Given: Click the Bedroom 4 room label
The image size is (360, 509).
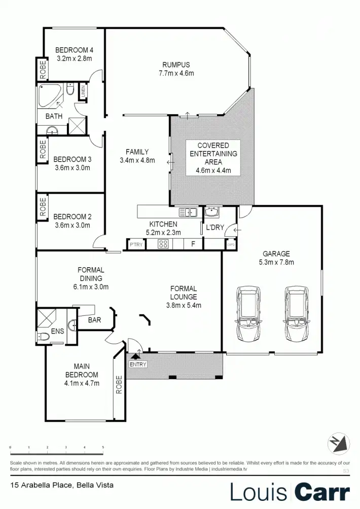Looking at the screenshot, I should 74,50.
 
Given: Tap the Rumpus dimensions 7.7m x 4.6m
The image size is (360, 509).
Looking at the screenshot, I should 176,74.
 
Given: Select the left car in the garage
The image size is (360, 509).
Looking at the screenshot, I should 248,314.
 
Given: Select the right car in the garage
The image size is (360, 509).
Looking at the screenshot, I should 296,314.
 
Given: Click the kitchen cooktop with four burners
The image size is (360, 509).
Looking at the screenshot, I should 163,244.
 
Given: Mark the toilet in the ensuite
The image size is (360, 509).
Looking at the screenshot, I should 45,337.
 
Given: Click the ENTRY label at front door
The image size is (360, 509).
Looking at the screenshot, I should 138,365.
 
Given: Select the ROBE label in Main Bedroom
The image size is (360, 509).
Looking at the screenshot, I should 119,385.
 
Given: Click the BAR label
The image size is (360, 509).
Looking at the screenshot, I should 95,320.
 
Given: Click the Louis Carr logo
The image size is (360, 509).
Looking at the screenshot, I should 290,492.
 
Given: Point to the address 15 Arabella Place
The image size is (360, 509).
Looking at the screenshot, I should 61,485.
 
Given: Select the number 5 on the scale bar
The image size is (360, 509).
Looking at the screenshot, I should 103,448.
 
